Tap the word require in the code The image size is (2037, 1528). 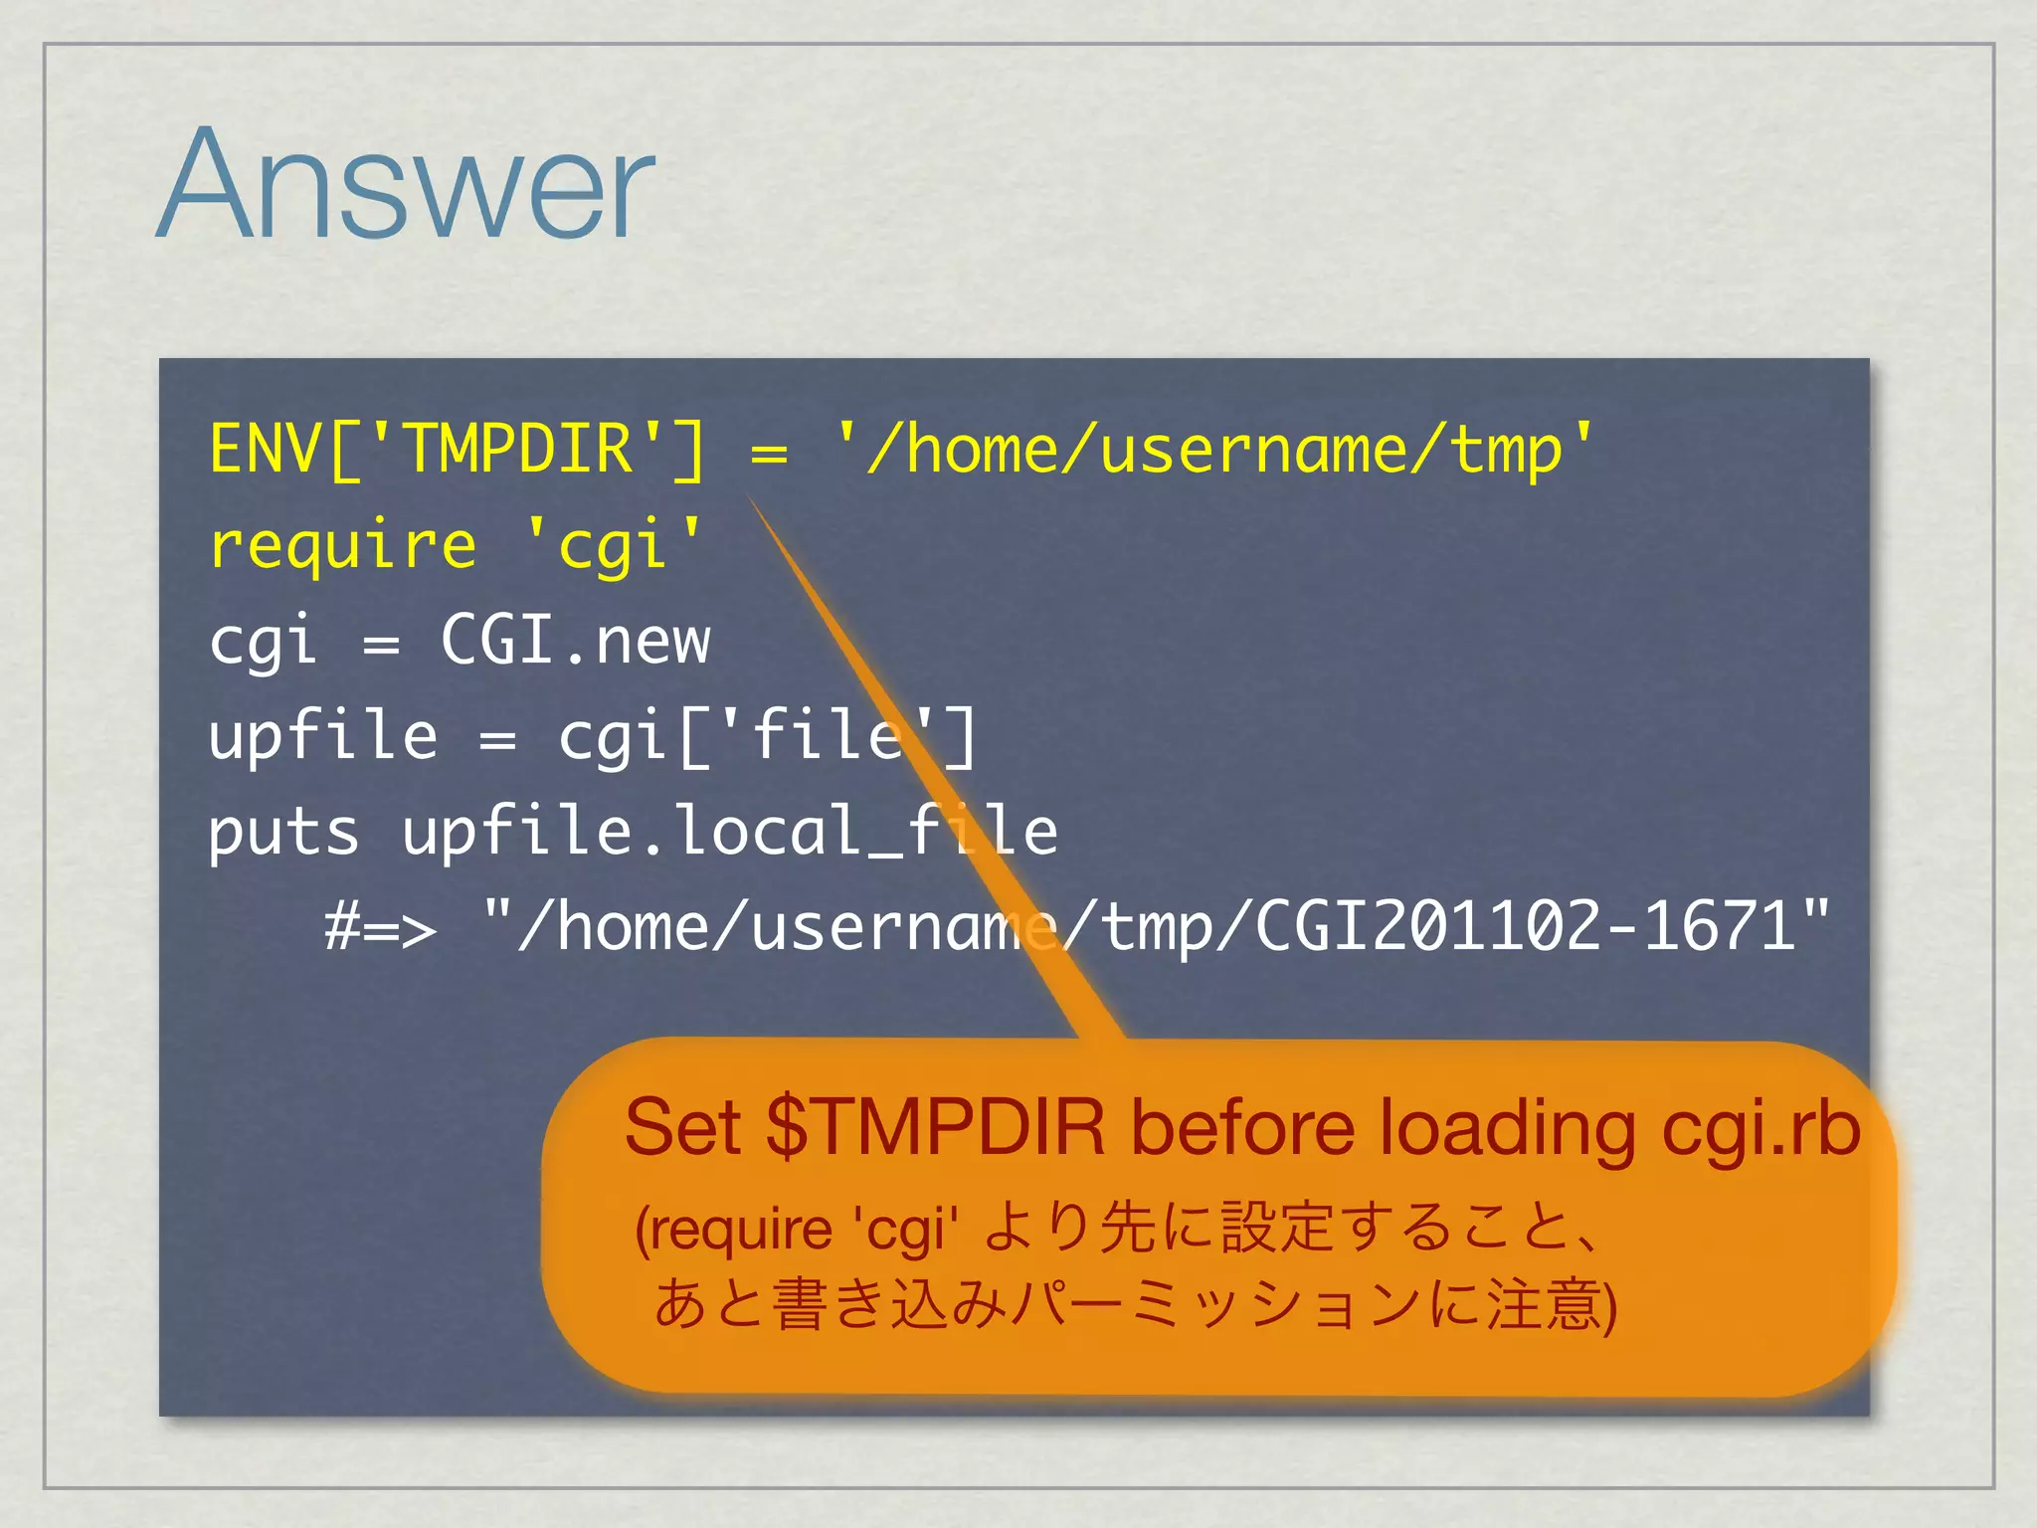click(x=343, y=546)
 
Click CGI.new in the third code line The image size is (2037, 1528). click(x=575, y=640)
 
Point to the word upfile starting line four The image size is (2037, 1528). click(x=323, y=736)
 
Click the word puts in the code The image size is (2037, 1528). click(x=283, y=832)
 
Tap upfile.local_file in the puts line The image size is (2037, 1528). click(x=730, y=832)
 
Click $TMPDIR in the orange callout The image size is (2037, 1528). click(x=936, y=1128)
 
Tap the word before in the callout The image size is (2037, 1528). click(x=1243, y=1128)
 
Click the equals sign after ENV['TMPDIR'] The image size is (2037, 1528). click(x=769, y=454)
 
